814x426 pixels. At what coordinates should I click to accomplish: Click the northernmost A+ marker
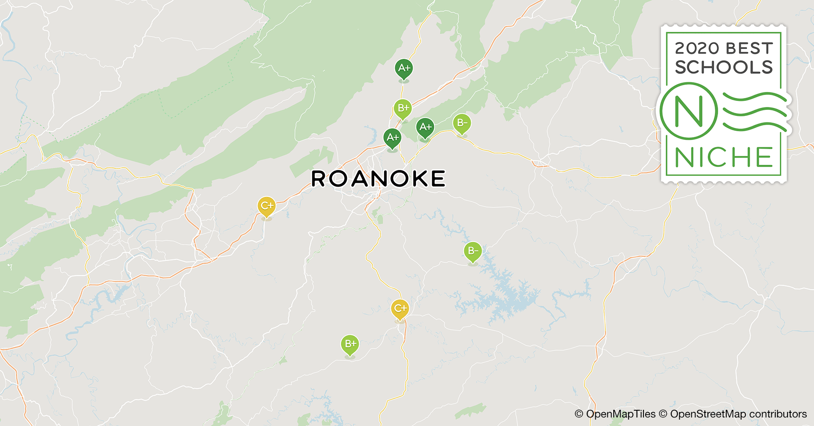coord(404,68)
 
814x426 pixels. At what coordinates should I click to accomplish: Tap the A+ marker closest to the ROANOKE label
coord(393,138)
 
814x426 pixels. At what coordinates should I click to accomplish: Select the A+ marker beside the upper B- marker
coord(425,127)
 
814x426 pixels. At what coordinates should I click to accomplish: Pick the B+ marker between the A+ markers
coord(403,108)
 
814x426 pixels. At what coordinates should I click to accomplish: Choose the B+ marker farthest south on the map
coord(350,344)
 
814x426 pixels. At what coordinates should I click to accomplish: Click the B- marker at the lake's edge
coord(473,251)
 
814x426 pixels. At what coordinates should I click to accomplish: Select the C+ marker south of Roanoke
coord(400,308)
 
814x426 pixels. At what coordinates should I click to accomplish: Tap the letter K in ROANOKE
coord(415,179)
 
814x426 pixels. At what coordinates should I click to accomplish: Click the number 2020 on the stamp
coord(696,49)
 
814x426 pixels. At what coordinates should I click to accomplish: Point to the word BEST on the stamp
coord(749,49)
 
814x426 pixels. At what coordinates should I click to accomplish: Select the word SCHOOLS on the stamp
coord(724,67)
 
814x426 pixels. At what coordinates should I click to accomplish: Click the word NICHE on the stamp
coord(724,158)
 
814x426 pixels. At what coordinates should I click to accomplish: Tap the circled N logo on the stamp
coord(688,111)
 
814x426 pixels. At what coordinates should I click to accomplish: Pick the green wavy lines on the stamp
coord(754,111)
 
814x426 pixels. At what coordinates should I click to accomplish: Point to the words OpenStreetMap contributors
coord(738,414)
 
